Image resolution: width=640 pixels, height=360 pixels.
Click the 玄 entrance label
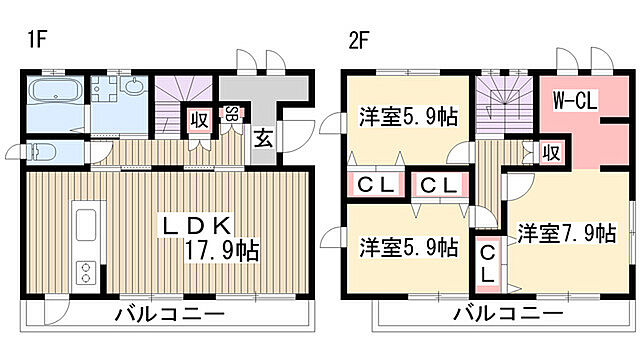point(262,138)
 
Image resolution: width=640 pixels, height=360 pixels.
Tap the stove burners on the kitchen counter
point(85,271)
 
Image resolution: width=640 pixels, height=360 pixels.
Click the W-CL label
point(576,99)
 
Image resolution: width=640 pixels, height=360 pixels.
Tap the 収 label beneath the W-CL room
point(550,152)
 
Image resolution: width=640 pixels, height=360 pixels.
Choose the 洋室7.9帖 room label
point(565,234)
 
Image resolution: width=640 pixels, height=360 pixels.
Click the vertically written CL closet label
point(486,262)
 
